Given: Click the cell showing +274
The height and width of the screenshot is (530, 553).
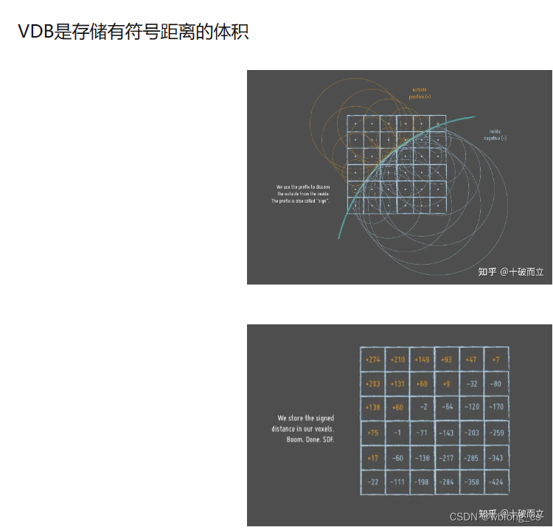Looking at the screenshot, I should (x=372, y=360).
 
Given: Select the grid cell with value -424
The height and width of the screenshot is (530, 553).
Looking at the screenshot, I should (x=496, y=482).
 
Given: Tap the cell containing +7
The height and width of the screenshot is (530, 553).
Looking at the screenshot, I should (x=495, y=360).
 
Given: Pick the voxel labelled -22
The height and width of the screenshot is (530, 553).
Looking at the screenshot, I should (x=373, y=482).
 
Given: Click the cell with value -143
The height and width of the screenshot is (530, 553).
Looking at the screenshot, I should (x=447, y=433).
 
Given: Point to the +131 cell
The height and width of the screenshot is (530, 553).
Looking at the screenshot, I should (x=397, y=384).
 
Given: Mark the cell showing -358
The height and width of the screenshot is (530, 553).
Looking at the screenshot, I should (x=471, y=482).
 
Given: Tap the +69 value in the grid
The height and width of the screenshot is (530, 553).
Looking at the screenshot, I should (x=422, y=384).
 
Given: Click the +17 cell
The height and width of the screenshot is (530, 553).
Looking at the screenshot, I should (x=372, y=458).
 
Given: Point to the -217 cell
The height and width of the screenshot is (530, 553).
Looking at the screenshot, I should (x=447, y=458).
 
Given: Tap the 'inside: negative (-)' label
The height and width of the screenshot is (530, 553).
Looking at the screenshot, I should (x=495, y=135).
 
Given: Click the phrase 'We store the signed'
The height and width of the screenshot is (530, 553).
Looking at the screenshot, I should (x=305, y=418).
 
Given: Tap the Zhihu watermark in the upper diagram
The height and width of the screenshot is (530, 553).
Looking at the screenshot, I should (x=510, y=272).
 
